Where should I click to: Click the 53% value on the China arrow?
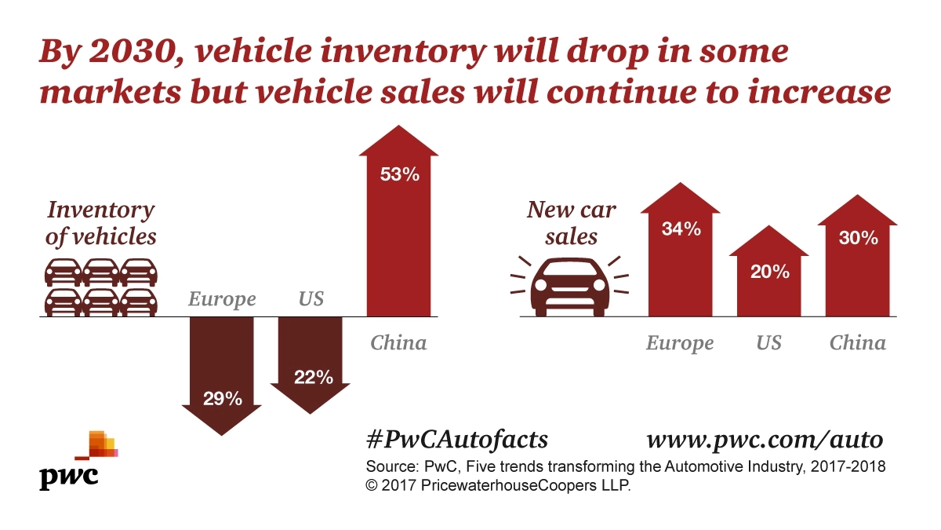[400, 175]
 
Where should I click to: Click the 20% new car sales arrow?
[768, 275]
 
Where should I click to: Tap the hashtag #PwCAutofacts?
[456, 438]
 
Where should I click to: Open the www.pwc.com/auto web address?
[765, 438]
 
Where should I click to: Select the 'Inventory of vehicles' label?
[101, 223]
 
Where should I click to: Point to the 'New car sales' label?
[572, 223]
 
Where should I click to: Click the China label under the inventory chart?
[398, 342]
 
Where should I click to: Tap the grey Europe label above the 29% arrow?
[222, 299]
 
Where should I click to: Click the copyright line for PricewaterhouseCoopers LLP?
[498, 486]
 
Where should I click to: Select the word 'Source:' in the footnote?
[392, 467]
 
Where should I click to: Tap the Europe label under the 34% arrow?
[680, 343]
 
